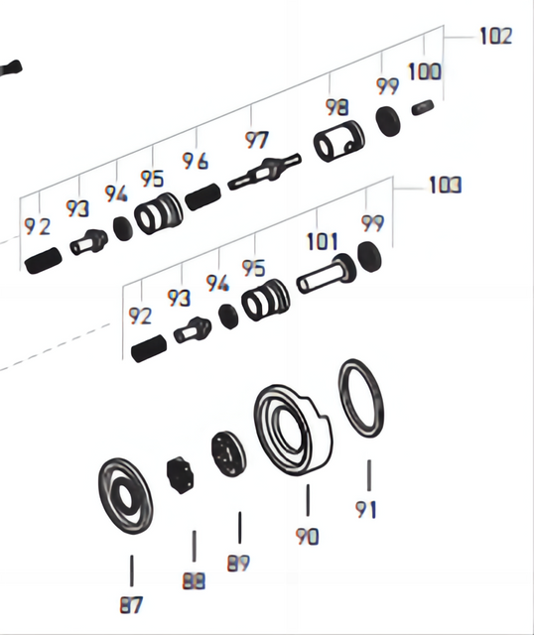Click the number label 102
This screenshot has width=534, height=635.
[x=494, y=37]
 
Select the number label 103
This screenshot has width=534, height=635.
[x=445, y=186]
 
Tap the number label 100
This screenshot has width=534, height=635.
[x=424, y=71]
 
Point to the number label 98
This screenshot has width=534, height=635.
[x=337, y=107]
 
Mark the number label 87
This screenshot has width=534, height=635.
[x=131, y=604]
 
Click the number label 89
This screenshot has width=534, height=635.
[x=238, y=563]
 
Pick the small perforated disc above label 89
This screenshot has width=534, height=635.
[x=227, y=454]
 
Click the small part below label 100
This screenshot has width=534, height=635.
[x=425, y=107]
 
